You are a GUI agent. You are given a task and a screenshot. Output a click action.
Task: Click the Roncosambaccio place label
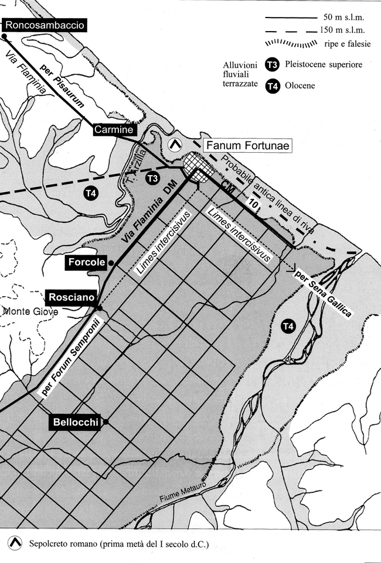click(x=45, y=26)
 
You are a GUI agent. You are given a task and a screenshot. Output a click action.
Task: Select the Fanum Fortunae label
click(x=247, y=146)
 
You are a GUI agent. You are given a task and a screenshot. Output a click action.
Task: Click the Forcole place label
click(x=87, y=262)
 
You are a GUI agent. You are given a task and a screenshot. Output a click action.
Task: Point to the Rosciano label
click(x=72, y=297)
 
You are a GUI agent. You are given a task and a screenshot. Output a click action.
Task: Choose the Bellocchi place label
click(x=76, y=423)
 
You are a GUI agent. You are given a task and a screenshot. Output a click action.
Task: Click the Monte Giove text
click(x=30, y=312)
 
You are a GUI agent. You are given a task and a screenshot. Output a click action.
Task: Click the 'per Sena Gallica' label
click(x=322, y=294)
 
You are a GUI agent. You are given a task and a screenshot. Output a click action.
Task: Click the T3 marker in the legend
click(x=273, y=65)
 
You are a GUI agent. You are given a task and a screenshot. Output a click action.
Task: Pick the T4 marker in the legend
click(x=273, y=86)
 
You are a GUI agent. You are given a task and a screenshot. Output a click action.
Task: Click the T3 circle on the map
click(x=152, y=178)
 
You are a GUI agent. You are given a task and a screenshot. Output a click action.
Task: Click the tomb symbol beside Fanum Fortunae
click(x=175, y=145)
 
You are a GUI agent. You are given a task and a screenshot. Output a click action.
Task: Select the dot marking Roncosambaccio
click(x=4, y=36)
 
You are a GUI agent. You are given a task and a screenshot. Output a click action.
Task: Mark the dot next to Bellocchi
click(x=106, y=423)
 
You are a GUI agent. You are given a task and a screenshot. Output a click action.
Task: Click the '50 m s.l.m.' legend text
click(x=344, y=18)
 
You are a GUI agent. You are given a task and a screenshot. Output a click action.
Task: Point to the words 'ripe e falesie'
click(x=348, y=44)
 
